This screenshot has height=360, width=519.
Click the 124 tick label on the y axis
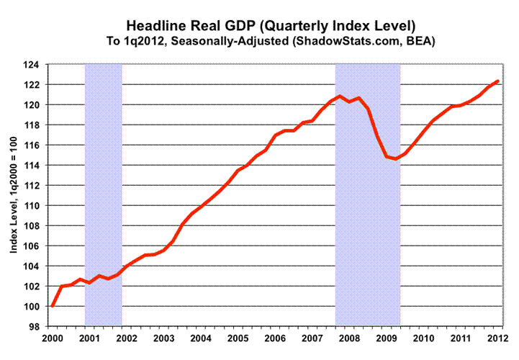tap(34, 65)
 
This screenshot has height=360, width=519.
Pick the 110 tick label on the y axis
tap(34, 206)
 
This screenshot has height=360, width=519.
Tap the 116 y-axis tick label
tap(34, 145)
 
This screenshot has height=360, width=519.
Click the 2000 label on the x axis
tap(52, 338)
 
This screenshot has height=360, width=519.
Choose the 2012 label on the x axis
tap(497, 338)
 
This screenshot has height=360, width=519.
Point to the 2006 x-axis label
tap(274, 338)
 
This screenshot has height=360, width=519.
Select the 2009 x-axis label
tap(386, 338)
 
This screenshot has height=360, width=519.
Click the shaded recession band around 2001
tap(103, 194)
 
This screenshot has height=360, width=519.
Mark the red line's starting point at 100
tap(52, 306)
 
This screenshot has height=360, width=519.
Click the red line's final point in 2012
tap(497, 81)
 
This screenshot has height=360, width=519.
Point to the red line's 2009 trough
tap(395, 158)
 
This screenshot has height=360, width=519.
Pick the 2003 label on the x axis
tap(163, 338)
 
